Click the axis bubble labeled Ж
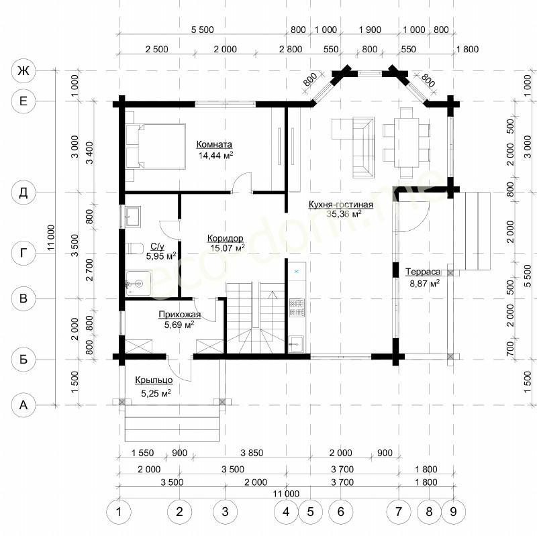(23, 71)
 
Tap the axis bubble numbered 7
(398, 512)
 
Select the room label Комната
(214, 144)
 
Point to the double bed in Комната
(156, 146)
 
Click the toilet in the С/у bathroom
(134, 248)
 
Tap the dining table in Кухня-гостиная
(406, 142)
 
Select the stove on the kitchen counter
(297, 307)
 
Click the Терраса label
(423, 272)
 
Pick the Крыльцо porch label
(154, 380)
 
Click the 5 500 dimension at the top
(202, 30)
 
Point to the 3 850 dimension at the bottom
(252, 453)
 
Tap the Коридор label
(225, 238)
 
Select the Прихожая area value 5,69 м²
(179, 325)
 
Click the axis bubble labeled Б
(23, 360)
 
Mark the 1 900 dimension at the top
(370, 30)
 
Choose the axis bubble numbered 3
(225, 512)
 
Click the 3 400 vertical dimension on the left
(89, 153)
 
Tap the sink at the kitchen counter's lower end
(296, 343)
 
